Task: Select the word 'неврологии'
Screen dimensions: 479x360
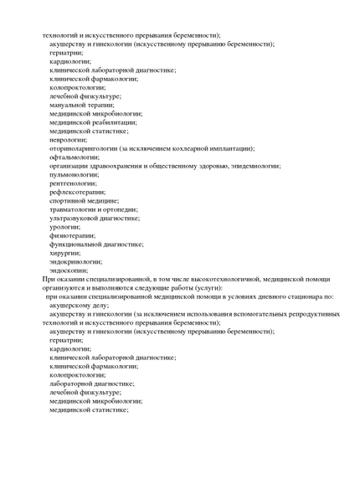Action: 68,140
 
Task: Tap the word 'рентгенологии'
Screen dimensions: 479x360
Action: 72,183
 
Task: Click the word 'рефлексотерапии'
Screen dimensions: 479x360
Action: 76,192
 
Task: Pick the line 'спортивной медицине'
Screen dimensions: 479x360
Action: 83,201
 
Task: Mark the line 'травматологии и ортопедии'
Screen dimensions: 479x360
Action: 93,209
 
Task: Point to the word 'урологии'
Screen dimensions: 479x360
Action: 64,227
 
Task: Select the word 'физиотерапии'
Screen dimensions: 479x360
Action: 72,235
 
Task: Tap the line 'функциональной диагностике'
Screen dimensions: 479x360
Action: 95,245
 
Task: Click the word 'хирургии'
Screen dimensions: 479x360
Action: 64,253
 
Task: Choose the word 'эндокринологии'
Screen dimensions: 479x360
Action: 75,261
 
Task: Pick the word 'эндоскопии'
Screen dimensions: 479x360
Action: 68,270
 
